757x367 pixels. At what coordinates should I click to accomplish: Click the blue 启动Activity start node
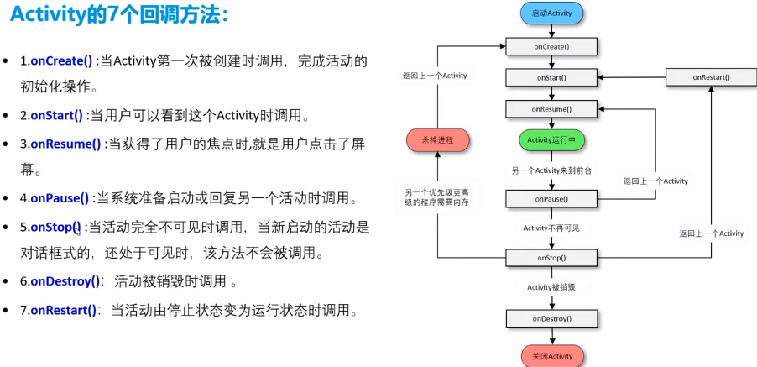tap(551, 13)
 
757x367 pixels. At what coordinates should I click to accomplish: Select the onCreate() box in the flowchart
tap(551, 45)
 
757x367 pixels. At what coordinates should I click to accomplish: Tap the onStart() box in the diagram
tap(551, 77)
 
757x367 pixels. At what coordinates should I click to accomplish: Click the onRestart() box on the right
tap(711, 77)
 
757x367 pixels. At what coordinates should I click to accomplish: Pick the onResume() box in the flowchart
tap(551, 109)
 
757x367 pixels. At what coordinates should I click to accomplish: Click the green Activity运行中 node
tap(551, 139)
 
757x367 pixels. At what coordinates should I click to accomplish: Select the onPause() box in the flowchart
tap(551, 199)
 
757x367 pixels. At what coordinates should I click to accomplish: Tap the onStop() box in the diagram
tap(551, 258)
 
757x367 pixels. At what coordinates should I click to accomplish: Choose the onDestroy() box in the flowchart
tap(551, 319)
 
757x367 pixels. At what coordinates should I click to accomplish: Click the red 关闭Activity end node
tap(551, 356)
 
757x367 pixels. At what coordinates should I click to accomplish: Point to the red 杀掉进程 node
tap(437, 140)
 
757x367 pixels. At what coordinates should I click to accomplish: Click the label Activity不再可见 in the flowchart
tap(551, 228)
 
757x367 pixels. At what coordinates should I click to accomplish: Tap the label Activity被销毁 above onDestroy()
tap(551, 287)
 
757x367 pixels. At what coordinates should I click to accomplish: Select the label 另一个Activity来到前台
tap(551, 170)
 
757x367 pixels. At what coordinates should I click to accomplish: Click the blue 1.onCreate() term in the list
tap(60, 60)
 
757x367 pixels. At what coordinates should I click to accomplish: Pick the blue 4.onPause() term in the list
tap(59, 199)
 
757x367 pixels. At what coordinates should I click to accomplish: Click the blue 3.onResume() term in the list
tap(65, 144)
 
